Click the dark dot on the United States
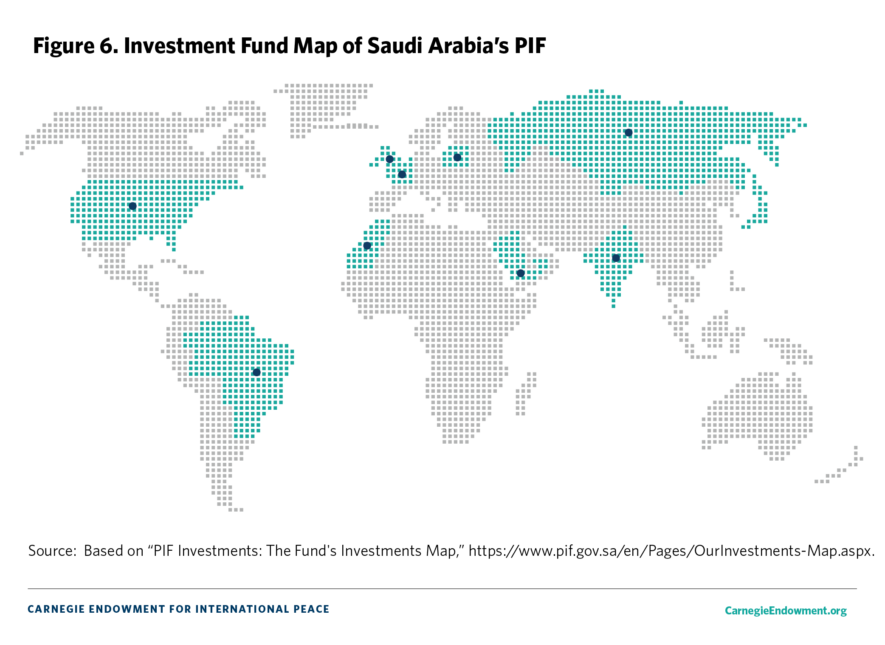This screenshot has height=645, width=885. [132, 206]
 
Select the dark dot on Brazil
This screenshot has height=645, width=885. [256, 372]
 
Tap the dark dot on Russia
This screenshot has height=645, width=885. [629, 133]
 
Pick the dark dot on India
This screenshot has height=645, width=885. [616, 258]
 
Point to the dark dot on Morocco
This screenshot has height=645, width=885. [367, 246]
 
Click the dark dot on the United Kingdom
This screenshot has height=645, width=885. [389, 159]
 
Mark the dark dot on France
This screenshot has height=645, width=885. [402, 175]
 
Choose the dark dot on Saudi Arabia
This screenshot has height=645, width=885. [521, 273]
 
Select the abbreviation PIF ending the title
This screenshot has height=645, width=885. [530, 46]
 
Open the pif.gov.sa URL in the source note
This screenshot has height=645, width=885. [671, 551]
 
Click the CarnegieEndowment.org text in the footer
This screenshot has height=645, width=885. [785, 611]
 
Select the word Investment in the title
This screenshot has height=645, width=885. [179, 46]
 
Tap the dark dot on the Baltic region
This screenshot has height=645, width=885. [457, 158]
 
